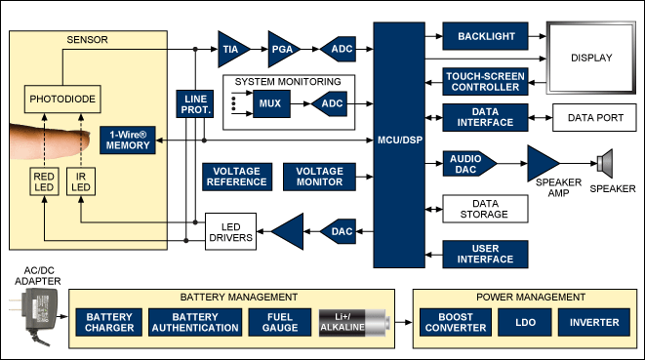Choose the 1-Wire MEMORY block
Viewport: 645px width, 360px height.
128,140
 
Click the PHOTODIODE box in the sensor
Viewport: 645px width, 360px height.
59,99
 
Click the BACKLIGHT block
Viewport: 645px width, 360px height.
485,36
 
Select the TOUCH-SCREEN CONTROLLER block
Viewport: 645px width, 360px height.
485,81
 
